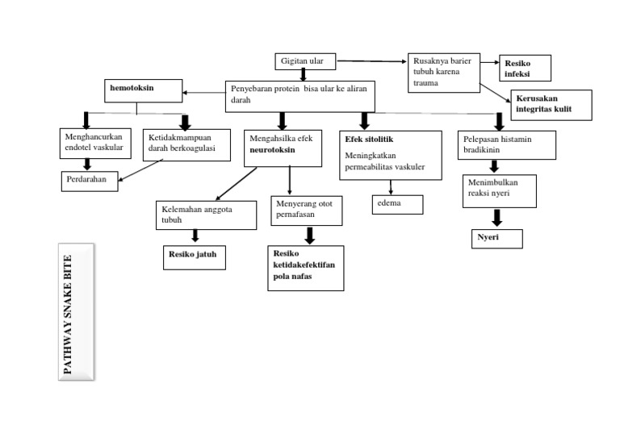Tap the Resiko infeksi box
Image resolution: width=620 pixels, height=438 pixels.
525,69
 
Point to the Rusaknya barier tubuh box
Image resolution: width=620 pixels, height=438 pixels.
442,72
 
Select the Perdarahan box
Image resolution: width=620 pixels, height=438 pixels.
90,181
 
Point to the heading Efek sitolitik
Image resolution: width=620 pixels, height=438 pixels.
368,139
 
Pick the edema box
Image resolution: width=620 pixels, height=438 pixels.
397,205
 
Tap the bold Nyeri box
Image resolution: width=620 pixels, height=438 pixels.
496,238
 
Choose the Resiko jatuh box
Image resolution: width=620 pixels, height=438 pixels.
194,257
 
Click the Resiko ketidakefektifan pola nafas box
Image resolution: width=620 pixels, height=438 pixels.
305,268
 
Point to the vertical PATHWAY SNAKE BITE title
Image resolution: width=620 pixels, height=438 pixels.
77,311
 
